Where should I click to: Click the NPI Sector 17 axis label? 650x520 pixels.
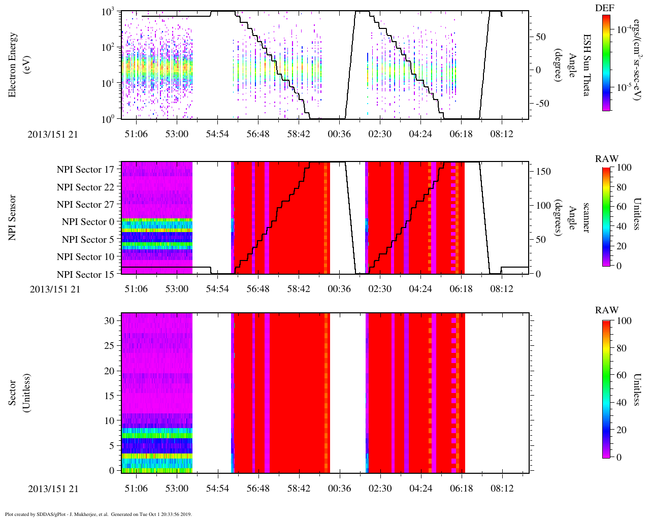coord(85,170)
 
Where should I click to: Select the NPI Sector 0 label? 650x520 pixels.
coord(88,222)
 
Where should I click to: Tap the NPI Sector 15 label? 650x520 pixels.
coord(85,275)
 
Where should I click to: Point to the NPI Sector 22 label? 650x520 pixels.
coord(85,187)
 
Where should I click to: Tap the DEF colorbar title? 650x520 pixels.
coord(605,8)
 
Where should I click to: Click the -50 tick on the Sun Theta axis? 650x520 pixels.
coord(540,104)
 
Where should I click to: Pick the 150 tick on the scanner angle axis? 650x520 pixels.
coord(543,172)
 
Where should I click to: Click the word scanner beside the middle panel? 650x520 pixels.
coord(586,218)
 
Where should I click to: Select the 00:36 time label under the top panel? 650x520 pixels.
coord(339,134)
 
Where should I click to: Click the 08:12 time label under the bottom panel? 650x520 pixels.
coord(502,489)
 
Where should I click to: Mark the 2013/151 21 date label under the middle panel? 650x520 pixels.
coord(55,289)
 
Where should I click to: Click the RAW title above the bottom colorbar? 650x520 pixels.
coord(607,310)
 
